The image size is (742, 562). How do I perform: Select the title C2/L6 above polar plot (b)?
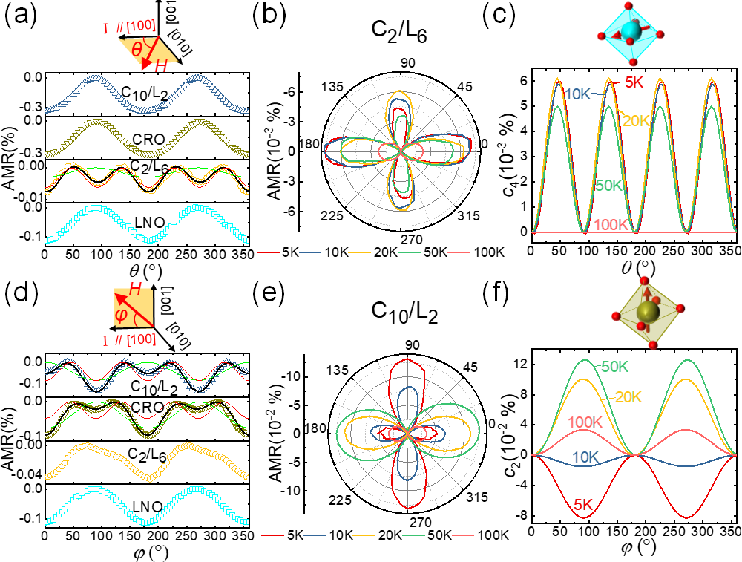[x=404, y=35]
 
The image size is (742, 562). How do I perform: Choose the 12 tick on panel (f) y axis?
[x=518, y=363]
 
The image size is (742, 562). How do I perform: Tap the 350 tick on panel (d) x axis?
[x=259, y=536]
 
